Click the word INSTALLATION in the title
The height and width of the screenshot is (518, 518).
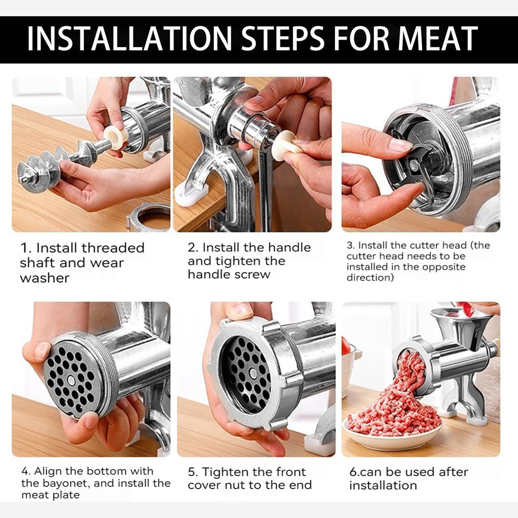(x=129, y=38)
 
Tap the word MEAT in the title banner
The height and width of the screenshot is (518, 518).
(x=438, y=38)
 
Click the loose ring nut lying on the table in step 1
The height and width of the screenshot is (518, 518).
(x=148, y=217)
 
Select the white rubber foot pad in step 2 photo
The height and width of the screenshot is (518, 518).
(x=191, y=194)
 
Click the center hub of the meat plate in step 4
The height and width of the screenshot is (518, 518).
(x=71, y=380)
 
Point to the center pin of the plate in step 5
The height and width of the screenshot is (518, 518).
(x=253, y=374)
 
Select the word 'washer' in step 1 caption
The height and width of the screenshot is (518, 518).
(x=45, y=278)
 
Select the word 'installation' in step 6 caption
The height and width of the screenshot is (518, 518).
(x=383, y=485)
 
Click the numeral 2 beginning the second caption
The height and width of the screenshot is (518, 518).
(x=192, y=248)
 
